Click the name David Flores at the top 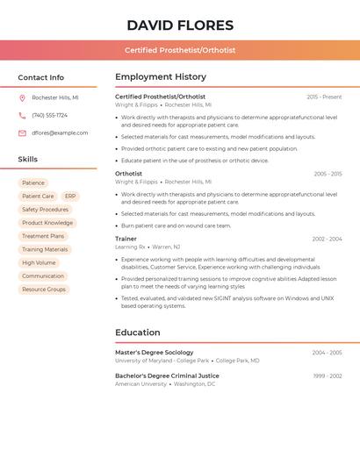(180, 25)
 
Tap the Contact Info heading (40, 77)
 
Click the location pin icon (22, 97)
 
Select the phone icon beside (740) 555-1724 (22, 115)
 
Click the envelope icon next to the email (22, 133)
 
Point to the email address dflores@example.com (60, 133)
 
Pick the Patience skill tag (32, 183)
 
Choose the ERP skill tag (70, 197)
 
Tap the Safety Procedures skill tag (45, 210)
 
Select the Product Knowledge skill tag (47, 223)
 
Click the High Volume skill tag (39, 262)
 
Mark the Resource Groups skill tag (44, 290)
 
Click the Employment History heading (161, 76)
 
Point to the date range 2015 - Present (324, 97)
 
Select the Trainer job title (126, 239)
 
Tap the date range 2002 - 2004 (327, 239)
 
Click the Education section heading (138, 333)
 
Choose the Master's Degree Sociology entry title (155, 353)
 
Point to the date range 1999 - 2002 (327, 376)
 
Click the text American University (140, 383)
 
